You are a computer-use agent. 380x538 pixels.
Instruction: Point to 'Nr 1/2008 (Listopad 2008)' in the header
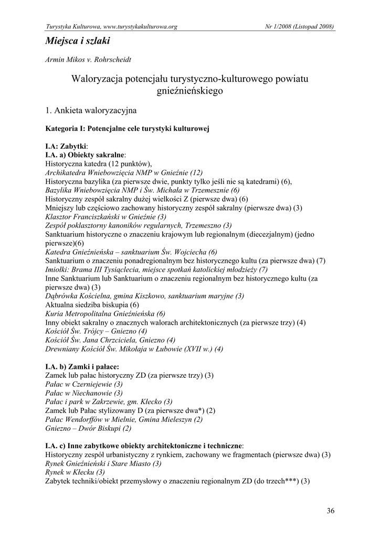[x=300, y=26]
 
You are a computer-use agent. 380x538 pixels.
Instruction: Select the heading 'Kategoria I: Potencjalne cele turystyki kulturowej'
[x=128, y=129]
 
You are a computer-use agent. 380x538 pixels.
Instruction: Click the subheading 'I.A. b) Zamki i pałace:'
[x=82, y=366]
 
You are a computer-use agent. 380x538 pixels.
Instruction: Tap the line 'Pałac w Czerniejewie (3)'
[x=84, y=384]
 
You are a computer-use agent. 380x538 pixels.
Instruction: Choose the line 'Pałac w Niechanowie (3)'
[x=84, y=392]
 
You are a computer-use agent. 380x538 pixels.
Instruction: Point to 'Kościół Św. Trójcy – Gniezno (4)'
[x=96, y=331]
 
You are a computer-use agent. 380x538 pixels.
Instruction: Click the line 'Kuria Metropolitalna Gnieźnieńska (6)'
[x=105, y=313]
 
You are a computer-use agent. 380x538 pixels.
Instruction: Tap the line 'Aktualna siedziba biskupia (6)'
[x=92, y=305]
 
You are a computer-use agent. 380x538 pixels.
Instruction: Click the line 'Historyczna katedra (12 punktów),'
[x=98, y=163]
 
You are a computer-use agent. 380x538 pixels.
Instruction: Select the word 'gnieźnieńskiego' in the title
[x=190, y=91]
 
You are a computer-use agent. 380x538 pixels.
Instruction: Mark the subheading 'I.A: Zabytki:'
[x=67, y=146]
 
